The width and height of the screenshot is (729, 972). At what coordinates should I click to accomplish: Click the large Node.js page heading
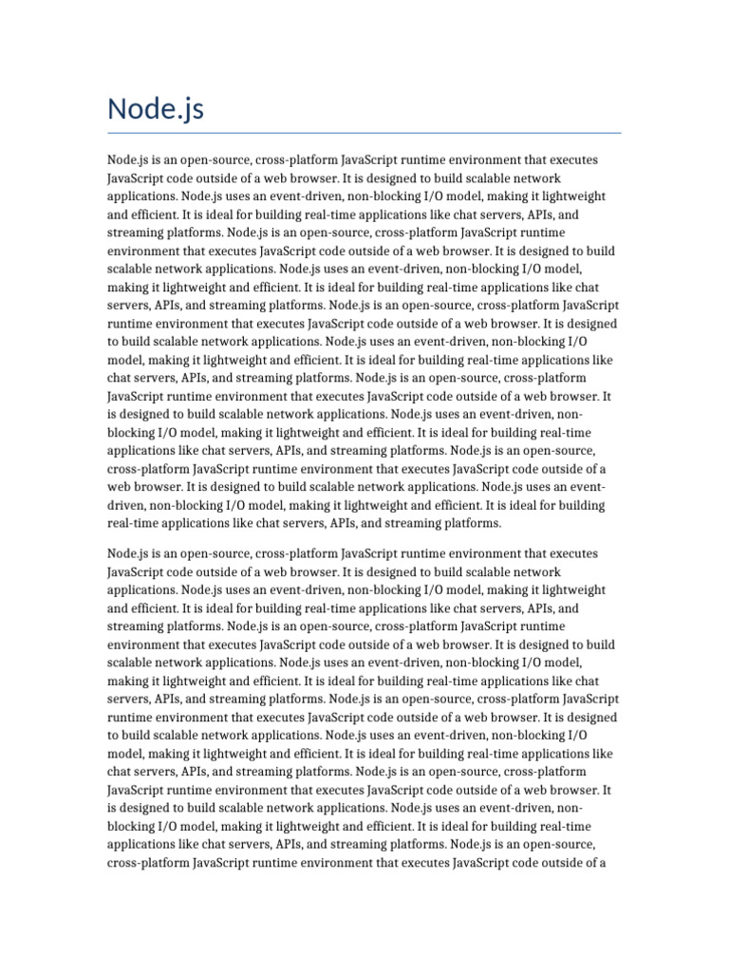pyautogui.click(x=155, y=110)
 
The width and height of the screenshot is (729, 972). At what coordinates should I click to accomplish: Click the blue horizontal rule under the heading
pyautogui.click(x=364, y=133)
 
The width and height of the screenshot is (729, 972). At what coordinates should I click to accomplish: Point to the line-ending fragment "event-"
pyautogui.click(x=587, y=487)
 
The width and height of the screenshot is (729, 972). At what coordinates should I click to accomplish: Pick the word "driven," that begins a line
pyautogui.click(x=127, y=506)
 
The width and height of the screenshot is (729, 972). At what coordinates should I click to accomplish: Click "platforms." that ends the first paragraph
pyautogui.click(x=474, y=524)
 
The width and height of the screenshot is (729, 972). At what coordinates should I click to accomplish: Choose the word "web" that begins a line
pyautogui.click(x=120, y=487)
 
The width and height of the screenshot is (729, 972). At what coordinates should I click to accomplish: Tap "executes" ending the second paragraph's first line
pyautogui.click(x=575, y=552)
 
